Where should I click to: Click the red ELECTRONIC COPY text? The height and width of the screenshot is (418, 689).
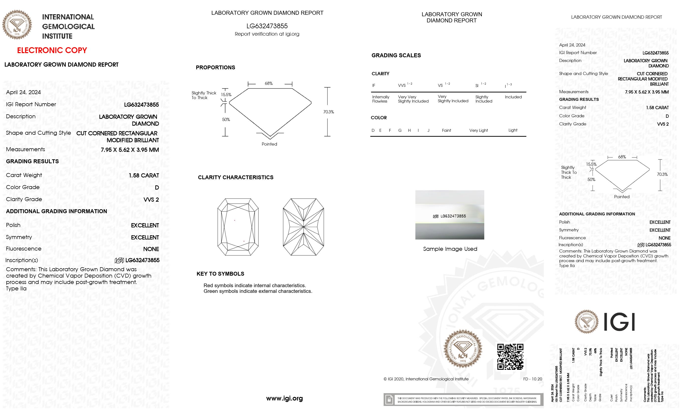tap(52, 50)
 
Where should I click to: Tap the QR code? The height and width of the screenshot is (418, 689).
tap(510, 357)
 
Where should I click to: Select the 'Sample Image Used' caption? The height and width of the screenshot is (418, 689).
tap(450, 249)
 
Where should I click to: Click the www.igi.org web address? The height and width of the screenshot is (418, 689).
tap(284, 398)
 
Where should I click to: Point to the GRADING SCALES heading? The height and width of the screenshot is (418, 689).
tap(396, 55)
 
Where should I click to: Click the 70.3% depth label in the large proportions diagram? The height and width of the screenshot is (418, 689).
tap(329, 112)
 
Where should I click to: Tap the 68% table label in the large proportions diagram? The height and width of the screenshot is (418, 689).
tap(269, 83)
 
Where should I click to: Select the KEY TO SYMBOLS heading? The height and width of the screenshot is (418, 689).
tap(220, 274)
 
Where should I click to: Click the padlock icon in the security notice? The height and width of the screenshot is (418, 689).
tap(389, 400)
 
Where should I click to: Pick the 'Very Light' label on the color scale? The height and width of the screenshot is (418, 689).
tap(478, 130)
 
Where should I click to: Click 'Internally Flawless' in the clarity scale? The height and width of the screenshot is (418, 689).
tap(381, 99)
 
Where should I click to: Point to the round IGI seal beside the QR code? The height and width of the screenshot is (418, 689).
tap(463, 348)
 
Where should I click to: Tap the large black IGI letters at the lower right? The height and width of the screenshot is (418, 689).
tap(620, 322)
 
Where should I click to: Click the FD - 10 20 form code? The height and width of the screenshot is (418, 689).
tap(532, 379)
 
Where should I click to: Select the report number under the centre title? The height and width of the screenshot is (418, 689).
tap(267, 26)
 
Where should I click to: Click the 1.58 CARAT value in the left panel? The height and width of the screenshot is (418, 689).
tap(144, 176)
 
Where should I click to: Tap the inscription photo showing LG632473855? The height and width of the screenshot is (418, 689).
tap(450, 215)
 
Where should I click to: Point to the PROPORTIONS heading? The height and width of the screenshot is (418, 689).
tap(215, 67)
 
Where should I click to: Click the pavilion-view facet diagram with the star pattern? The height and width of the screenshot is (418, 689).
tap(303, 227)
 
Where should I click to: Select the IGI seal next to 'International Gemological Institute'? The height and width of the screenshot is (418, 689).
tap(17, 25)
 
